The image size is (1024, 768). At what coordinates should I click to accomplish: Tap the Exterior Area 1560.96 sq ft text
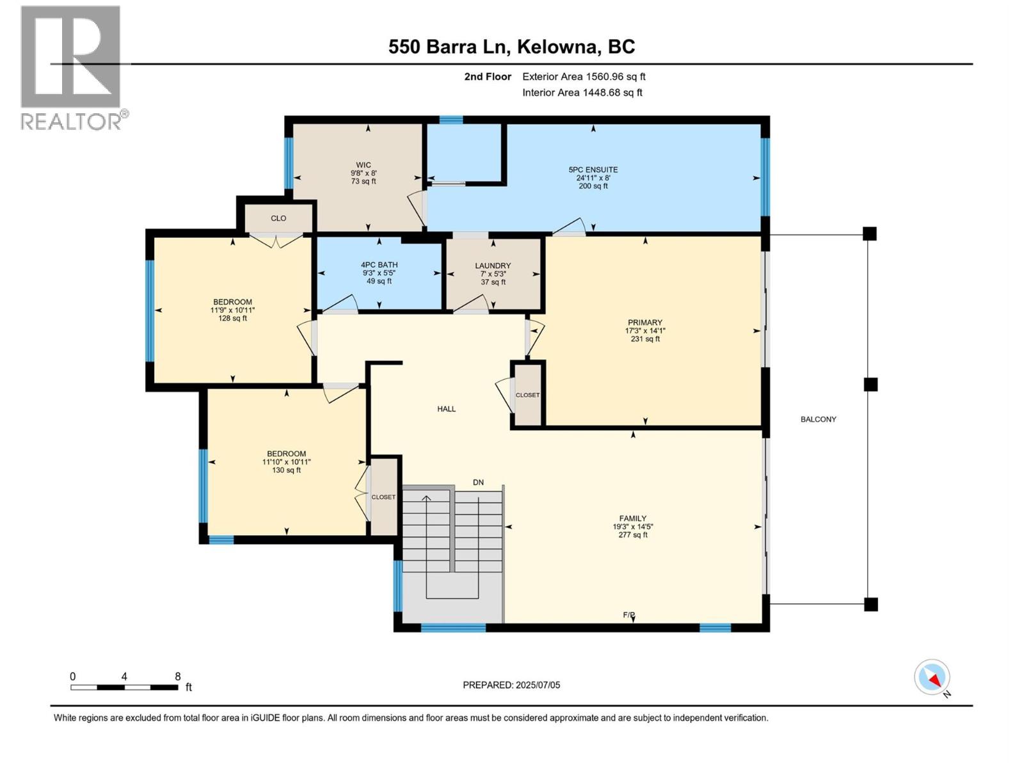click(x=584, y=77)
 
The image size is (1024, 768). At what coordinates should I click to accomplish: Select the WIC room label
click(x=364, y=165)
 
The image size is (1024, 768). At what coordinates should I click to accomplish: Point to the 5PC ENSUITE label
click(x=593, y=170)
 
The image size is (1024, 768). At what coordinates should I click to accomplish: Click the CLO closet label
click(x=278, y=218)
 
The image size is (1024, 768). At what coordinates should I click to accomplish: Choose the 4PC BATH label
click(x=379, y=265)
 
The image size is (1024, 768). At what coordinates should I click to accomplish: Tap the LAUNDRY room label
click(x=493, y=266)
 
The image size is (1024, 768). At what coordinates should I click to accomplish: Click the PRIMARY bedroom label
click(x=644, y=323)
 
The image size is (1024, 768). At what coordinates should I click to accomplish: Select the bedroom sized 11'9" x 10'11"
click(x=232, y=310)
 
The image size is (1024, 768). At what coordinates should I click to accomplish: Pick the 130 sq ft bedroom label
click(x=286, y=461)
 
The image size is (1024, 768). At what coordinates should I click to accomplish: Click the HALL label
click(x=447, y=409)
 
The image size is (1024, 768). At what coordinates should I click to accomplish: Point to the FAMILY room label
click(x=632, y=519)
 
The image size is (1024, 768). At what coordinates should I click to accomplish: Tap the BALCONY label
click(x=818, y=420)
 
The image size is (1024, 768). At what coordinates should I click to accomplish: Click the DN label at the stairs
click(x=478, y=483)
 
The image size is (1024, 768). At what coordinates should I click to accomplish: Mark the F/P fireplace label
click(x=629, y=615)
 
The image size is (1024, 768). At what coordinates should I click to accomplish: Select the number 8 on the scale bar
click(x=178, y=676)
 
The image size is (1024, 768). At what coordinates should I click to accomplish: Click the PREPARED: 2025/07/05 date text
click(x=511, y=685)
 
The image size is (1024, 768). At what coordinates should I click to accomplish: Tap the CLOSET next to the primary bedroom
click(x=527, y=396)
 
